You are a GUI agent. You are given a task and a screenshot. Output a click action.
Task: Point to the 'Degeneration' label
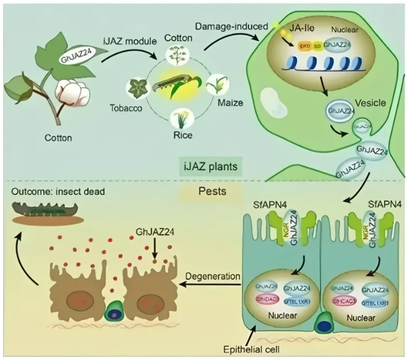coord(213,276)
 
